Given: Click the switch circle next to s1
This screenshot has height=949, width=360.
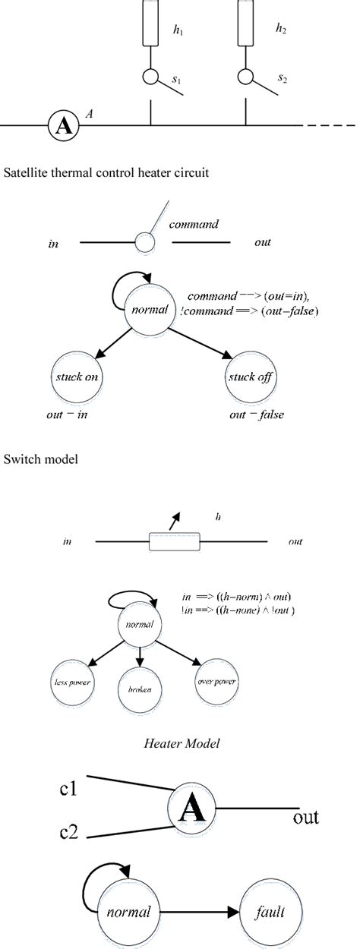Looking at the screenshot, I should (x=150, y=77).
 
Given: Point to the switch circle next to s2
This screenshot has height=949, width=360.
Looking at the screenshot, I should (x=245, y=77).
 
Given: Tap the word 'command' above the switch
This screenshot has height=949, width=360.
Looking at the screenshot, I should (x=194, y=225).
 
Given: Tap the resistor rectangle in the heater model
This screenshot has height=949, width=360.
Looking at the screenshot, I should (x=174, y=542).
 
